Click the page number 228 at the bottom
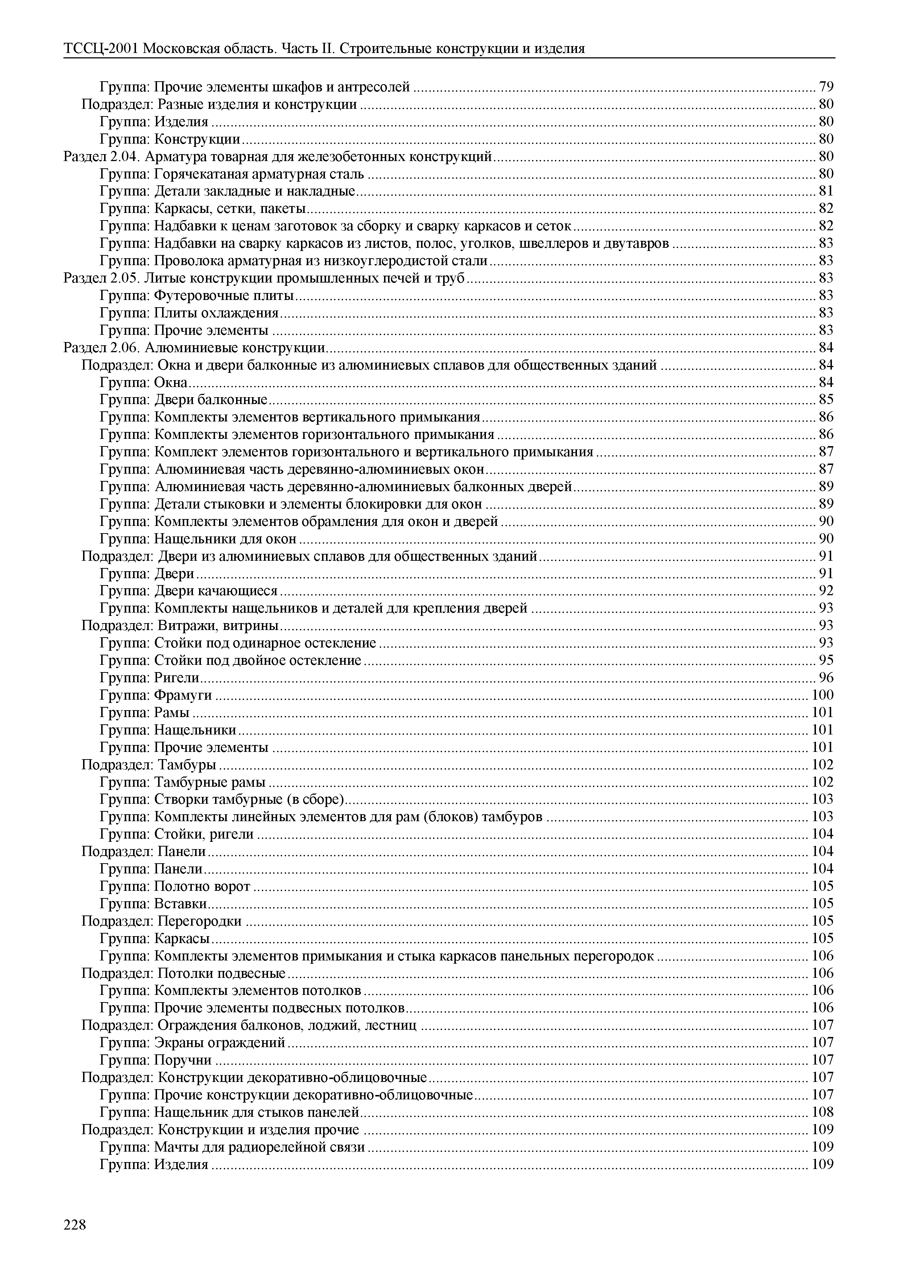tap(75, 1225)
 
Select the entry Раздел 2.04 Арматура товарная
tap(277, 157)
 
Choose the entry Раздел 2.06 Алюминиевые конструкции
tap(194, 348)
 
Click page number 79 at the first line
tap(826, 87)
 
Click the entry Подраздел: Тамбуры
tap(148, 765)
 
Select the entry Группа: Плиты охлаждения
tap(189, 313)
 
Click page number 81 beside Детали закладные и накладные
tap(826, 191)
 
